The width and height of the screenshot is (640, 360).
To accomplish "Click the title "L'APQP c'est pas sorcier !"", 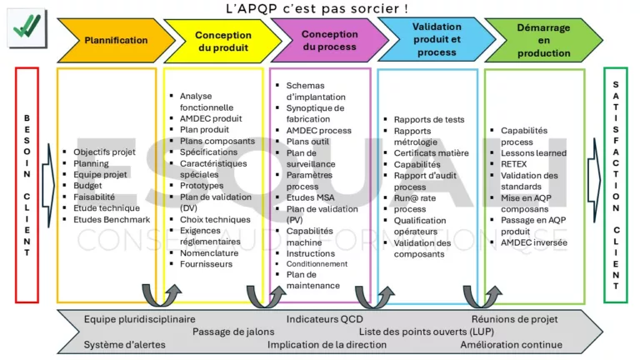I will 317,8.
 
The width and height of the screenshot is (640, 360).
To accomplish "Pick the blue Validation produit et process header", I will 436,40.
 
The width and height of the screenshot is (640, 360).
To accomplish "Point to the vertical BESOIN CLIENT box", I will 27,185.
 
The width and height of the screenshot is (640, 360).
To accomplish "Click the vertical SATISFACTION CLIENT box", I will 615,185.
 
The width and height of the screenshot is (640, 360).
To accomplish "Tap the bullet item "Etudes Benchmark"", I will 112,219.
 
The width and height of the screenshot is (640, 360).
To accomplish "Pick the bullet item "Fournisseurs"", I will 206,264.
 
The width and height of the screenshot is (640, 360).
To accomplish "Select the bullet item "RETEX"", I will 514,163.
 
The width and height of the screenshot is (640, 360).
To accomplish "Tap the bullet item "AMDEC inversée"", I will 534,242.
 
